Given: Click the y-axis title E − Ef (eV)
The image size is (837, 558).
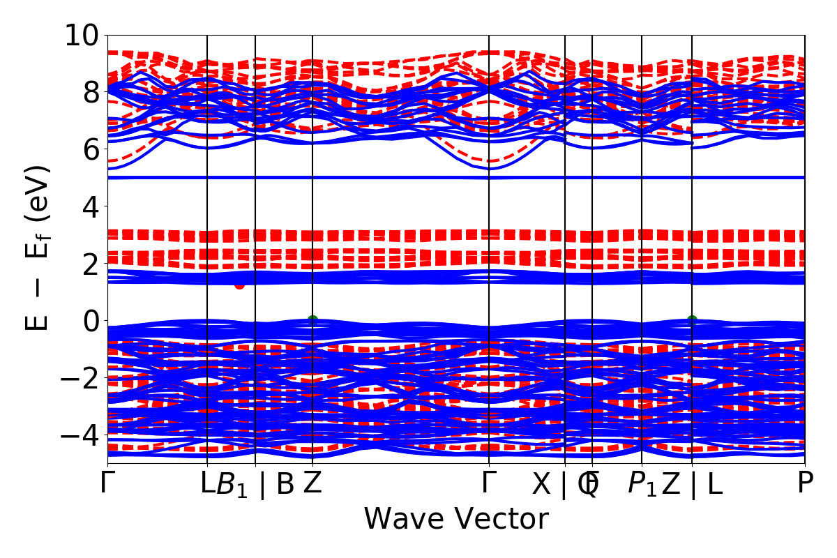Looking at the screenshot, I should click(x=38, y=248).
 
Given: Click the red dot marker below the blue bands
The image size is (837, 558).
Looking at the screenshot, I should click(x=239, y=285).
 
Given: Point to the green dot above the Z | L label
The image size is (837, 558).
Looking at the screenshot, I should click(x=692, y=319).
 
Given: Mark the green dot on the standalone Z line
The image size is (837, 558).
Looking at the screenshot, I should click(x=312, y=319).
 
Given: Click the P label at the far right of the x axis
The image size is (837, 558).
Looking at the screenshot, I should click(x=806, y=483).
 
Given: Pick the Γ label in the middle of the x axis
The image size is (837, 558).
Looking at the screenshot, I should click(x=489, y=483).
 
